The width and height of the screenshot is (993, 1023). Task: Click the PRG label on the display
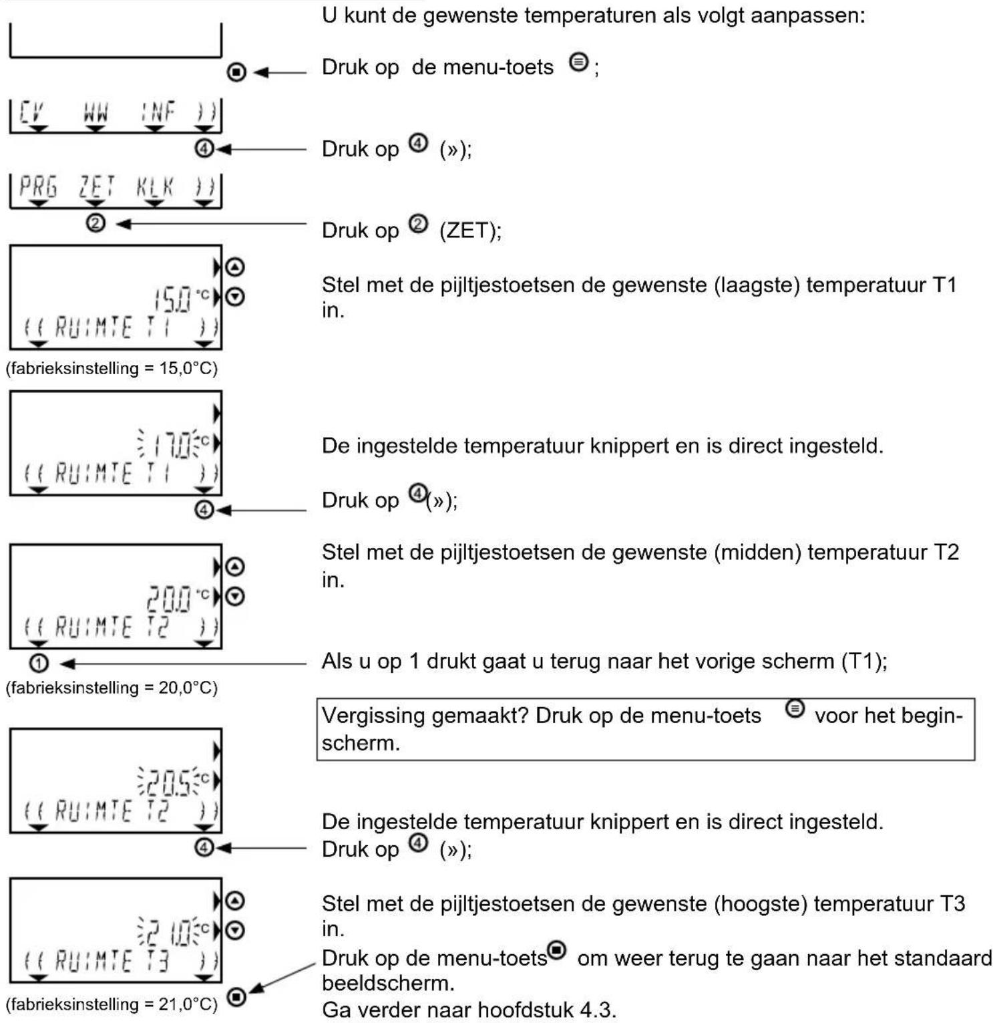point(37,186)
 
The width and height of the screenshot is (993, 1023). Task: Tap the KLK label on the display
point(155,186)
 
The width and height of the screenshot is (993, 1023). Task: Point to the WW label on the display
point(95,112)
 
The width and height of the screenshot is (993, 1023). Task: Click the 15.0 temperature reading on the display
point(172,300)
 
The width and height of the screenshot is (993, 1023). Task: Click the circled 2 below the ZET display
point(95,223)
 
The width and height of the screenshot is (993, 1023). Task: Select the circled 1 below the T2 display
point(39,663)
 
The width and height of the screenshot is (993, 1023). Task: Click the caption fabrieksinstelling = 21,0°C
point(112,1004)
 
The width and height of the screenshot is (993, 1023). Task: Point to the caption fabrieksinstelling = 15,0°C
point(112,368)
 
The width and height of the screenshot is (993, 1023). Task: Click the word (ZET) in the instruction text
point(470,231)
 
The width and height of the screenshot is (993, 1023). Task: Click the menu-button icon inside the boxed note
point(795,708)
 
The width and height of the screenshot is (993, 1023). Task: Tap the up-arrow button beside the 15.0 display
point(235,267)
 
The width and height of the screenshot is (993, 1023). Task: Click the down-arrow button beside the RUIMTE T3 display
point(235,929)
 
